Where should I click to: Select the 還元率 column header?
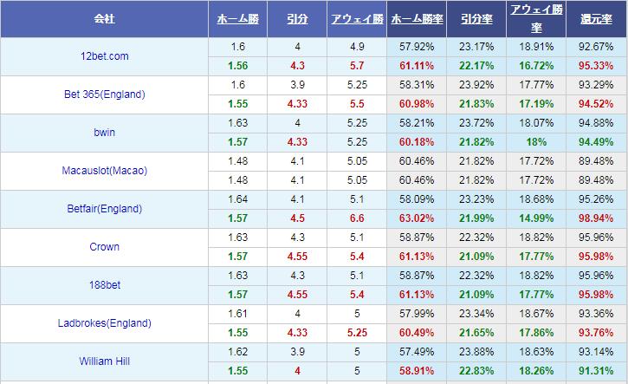pyautogui.click(x=597, y=18)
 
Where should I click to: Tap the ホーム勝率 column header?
pyautogui.click(x=416, y=18)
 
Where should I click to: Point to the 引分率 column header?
pyautogui.click(x=476, y=18)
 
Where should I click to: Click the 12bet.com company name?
pyautogui.click(x=104, y=56)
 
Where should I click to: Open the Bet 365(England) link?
pyautogui.click(x=104, y=94)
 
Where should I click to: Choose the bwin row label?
pyautogui.click(x=104, y=133)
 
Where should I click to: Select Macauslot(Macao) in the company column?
pyautogui.click(x=104, y=171)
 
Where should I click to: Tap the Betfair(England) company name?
pyautogui.click(x=104, y=209)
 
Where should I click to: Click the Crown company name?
pyautogui.click(x=104, y=247)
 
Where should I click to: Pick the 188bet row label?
pyautogui.click(x=104, y=285)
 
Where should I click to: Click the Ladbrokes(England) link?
pyautogui.click(x=104, y=323)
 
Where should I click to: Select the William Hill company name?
pyautogui.click(x=104, y=361)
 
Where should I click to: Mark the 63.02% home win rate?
pyautogui.click(x=416, y=218)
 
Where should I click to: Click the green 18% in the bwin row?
pyautogui.click(x=536, y=142)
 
